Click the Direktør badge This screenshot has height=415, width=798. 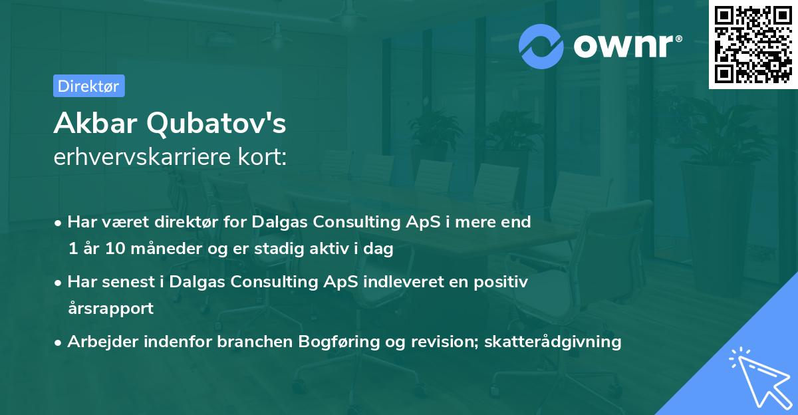tap(88, 86)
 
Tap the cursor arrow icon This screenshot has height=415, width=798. tap(758, 376)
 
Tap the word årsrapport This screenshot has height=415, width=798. tap(110, 309)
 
